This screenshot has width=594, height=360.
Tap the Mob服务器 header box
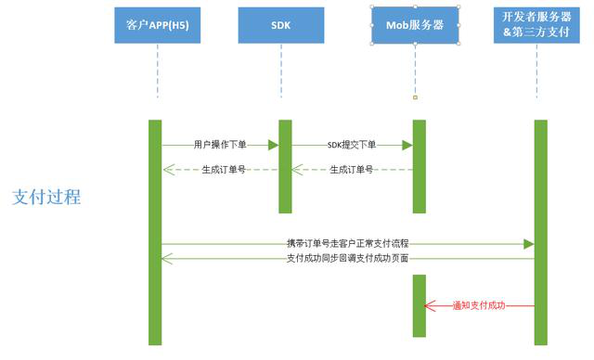tap(415, 24)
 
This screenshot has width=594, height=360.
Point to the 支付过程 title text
tap(46, 198)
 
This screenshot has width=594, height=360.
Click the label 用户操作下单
tap(220, 145)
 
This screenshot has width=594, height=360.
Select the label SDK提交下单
tap(352, 145)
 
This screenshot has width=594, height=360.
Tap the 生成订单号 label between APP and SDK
tap(224, 170)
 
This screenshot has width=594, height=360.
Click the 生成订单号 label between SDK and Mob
tap(352, 170)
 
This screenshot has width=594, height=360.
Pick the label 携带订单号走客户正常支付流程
tap(347, 243)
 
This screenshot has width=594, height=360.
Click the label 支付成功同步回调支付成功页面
tap(347, 258)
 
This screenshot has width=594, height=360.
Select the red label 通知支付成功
tap(478, 305)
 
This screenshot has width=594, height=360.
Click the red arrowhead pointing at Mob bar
tap(429, 305)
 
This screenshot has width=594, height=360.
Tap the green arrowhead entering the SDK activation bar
tap(274, 145)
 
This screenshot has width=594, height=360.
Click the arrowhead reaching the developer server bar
tap(529, 243)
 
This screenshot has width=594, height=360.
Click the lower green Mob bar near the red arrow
tap(419, 305)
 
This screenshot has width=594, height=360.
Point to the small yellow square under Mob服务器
tap(415, 97)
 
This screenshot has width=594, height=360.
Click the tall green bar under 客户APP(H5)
tap(155, 232)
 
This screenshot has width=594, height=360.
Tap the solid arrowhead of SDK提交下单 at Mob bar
tap(407, 145)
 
